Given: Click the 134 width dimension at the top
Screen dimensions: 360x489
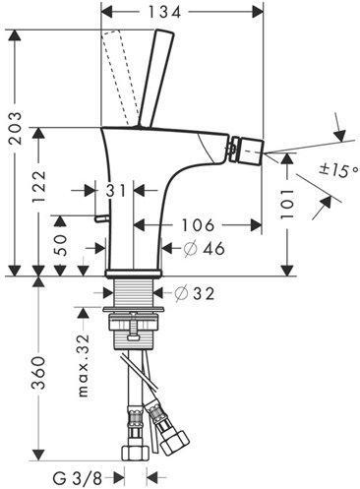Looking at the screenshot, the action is [x=164, y=13].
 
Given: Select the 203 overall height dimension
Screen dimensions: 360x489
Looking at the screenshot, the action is [x=15, y=128].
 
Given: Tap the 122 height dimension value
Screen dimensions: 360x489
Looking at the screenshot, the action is [x=40, y=187].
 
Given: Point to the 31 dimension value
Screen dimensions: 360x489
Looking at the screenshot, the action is [x=116, y=191].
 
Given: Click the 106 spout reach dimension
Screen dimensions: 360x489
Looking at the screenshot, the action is [x=198, y=225].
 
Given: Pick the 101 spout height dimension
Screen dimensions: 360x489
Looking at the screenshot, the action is [x=287, y=204].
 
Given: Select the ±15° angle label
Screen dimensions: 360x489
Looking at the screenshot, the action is [x=339, y=169].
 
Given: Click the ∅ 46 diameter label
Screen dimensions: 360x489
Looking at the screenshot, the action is [x=204, y=248].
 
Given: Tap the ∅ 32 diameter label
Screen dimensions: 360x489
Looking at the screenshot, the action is [x=194, y=293].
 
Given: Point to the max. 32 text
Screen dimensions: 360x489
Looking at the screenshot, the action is [x=84, y=366].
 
